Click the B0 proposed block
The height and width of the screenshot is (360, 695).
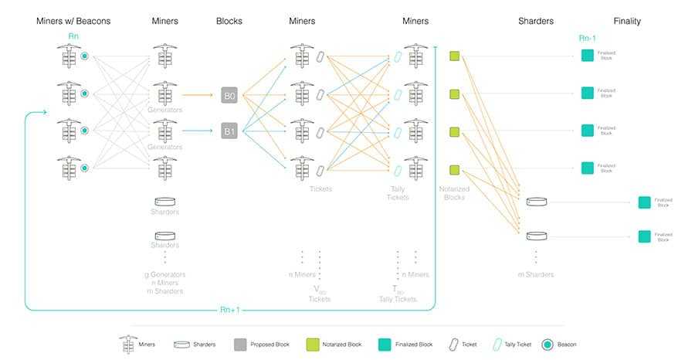coord(230,95)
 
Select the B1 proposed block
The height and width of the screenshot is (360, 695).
coord(230,131)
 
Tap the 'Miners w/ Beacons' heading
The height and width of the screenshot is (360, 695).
coord(73,21)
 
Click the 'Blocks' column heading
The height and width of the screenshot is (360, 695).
coord(229,21)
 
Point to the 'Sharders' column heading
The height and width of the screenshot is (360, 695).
coord(536,21)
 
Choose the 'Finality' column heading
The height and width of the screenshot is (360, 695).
coord(627,21)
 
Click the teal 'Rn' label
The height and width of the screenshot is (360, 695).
coord(73,36)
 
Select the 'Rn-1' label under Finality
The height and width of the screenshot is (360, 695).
coord(588,37)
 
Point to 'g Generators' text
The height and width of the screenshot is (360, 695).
coord(164,274)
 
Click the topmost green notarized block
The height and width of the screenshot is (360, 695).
coord(454,56)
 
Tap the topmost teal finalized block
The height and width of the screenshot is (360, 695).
coord(587,56)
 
